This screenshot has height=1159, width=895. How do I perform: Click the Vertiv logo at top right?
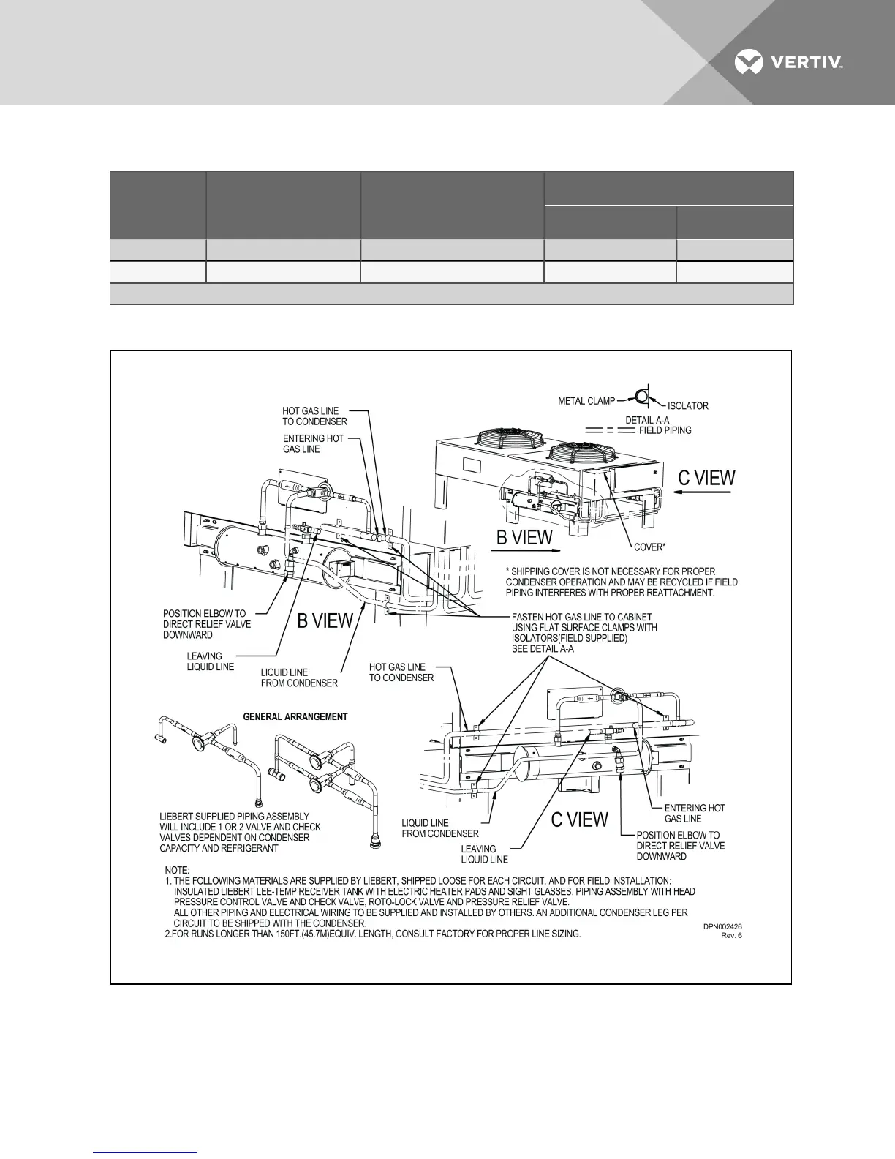pyautogui.click(x=789, y=62)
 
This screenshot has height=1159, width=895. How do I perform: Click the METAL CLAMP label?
pyautogui.click(x=586, y=401)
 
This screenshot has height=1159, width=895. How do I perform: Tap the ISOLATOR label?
pyautogui.click(x=687, y=405)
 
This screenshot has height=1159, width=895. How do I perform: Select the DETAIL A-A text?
pyautogui.click(x=647, y=419)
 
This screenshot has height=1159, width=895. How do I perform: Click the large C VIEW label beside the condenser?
pyautogui.click(x=706, y=478)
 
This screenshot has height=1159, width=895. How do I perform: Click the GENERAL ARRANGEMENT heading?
pyautogui.click(x=295, y=716)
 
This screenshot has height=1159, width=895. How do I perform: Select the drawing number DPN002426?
pyautogui.click(x=722, y=926)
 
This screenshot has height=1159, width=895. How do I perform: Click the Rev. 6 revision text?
pyautogui.click(x=731, y=935)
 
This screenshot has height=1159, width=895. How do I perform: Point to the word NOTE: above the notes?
pyautogui.click(x=177, y=871)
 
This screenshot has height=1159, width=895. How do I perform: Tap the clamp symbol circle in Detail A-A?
pyautogui.click(x=642, y=397)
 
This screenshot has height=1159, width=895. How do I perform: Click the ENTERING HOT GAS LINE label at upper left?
pyautogui.click(x=313, y=443)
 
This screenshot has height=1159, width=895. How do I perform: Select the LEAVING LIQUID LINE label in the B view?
pyautogui.click(x=210, y=661)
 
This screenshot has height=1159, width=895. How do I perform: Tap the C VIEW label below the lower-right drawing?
pyautogui.click(x=579, y=819)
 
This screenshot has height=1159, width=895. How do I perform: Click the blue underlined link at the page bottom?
pyautogui.click(x=146, y=1152)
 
